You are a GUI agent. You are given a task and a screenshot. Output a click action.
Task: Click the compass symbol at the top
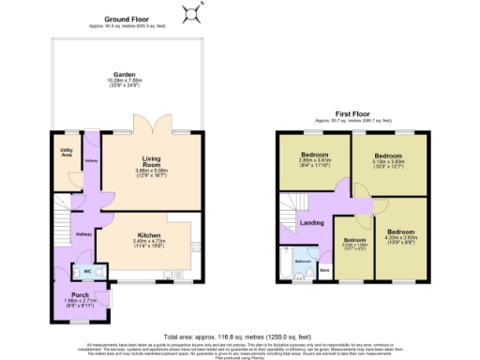point(192,11)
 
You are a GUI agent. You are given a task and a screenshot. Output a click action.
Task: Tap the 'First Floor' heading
point(350,117)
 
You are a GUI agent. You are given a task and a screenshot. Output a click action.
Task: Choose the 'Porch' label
point(80,294)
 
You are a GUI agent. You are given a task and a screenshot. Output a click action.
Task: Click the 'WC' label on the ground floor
point(87,273)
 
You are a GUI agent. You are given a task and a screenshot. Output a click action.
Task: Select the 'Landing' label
point(312,223)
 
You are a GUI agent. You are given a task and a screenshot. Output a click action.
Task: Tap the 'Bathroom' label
point(304,261)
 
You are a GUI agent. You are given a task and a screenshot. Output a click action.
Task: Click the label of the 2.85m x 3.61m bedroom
point(315,155)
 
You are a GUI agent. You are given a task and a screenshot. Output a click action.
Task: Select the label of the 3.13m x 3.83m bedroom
point(387,155)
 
